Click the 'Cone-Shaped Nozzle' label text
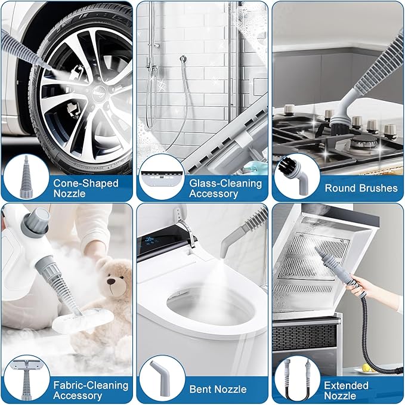coord(86,188)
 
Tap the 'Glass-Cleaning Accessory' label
coord(225,188)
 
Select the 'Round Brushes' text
coord(361,188)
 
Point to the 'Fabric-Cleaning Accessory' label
coord(91,390)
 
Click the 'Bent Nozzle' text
coord(218,389)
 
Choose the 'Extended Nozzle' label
coord(346,391)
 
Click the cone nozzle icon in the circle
coord(26,177)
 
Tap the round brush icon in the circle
coord(293,175)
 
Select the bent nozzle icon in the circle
coord(160,378)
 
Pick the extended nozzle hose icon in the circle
coord(296,380)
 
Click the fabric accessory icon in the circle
coord(26,378)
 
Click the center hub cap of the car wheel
coord(100,92)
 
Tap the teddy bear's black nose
coord(112,281)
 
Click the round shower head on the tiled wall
coord(183,59)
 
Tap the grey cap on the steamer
coord(36,222)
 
